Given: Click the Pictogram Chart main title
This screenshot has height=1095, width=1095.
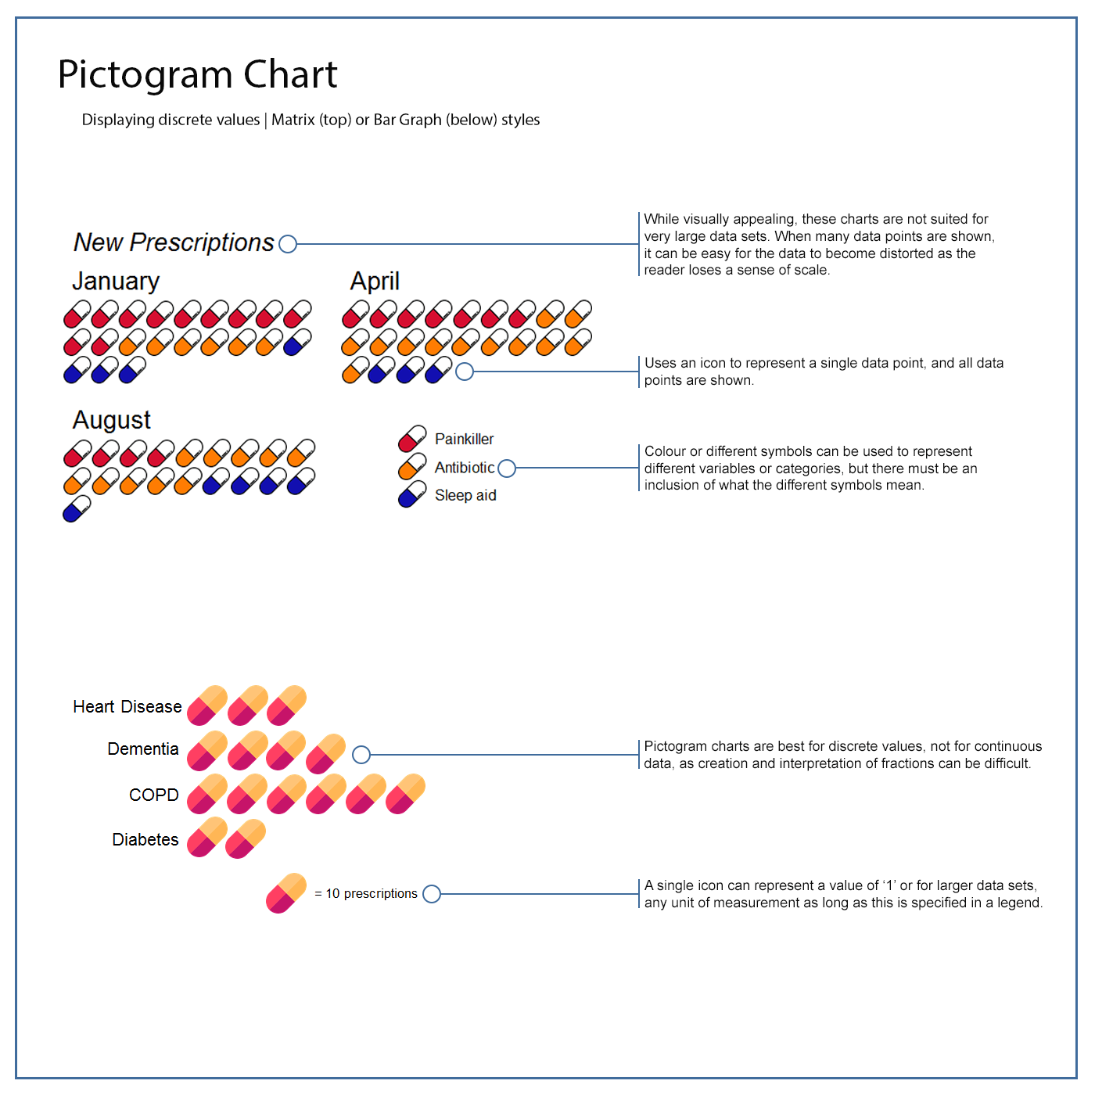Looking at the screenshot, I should (x=197, y=75).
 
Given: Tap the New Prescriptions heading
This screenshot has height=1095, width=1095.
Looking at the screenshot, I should (x=174, y=242).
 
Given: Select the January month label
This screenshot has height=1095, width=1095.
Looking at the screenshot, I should (x=116, y=281).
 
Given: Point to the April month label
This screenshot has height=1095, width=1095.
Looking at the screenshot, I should (x=375, y=281).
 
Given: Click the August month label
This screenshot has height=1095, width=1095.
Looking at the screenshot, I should (x=112, y=420).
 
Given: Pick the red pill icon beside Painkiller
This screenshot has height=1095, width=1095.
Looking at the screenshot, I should (x=412, y=439).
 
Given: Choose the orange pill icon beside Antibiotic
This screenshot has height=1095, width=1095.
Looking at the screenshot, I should (x=412, y=467).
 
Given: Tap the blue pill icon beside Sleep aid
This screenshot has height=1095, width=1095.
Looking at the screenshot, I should (x=412, y=494).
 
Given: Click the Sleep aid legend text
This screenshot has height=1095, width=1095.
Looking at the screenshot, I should (x=465, y=495).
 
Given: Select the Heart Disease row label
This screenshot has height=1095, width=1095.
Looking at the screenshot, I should (x=127, y=707).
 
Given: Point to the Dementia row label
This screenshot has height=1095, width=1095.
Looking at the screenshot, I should (x=143, y=749).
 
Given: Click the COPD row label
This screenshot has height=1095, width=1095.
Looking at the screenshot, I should (x=154, y=795).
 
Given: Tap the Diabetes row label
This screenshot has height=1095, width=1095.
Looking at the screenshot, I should (x=145, y=839).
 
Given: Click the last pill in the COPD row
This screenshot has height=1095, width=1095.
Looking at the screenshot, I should (x=405, y=794).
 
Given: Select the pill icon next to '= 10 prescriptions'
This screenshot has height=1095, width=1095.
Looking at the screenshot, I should (x=286, y=893).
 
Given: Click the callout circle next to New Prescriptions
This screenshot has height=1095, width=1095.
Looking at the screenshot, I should (x=288, y=244).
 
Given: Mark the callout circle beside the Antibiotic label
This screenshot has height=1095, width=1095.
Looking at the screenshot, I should (x=507, y=468).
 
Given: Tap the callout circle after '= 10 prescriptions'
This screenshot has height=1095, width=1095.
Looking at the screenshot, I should (x=432, y=894).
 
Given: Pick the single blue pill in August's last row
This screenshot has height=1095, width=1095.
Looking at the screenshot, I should (x=77, y=509).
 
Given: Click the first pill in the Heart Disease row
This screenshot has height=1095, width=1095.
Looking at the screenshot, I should (x=207, y=705).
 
